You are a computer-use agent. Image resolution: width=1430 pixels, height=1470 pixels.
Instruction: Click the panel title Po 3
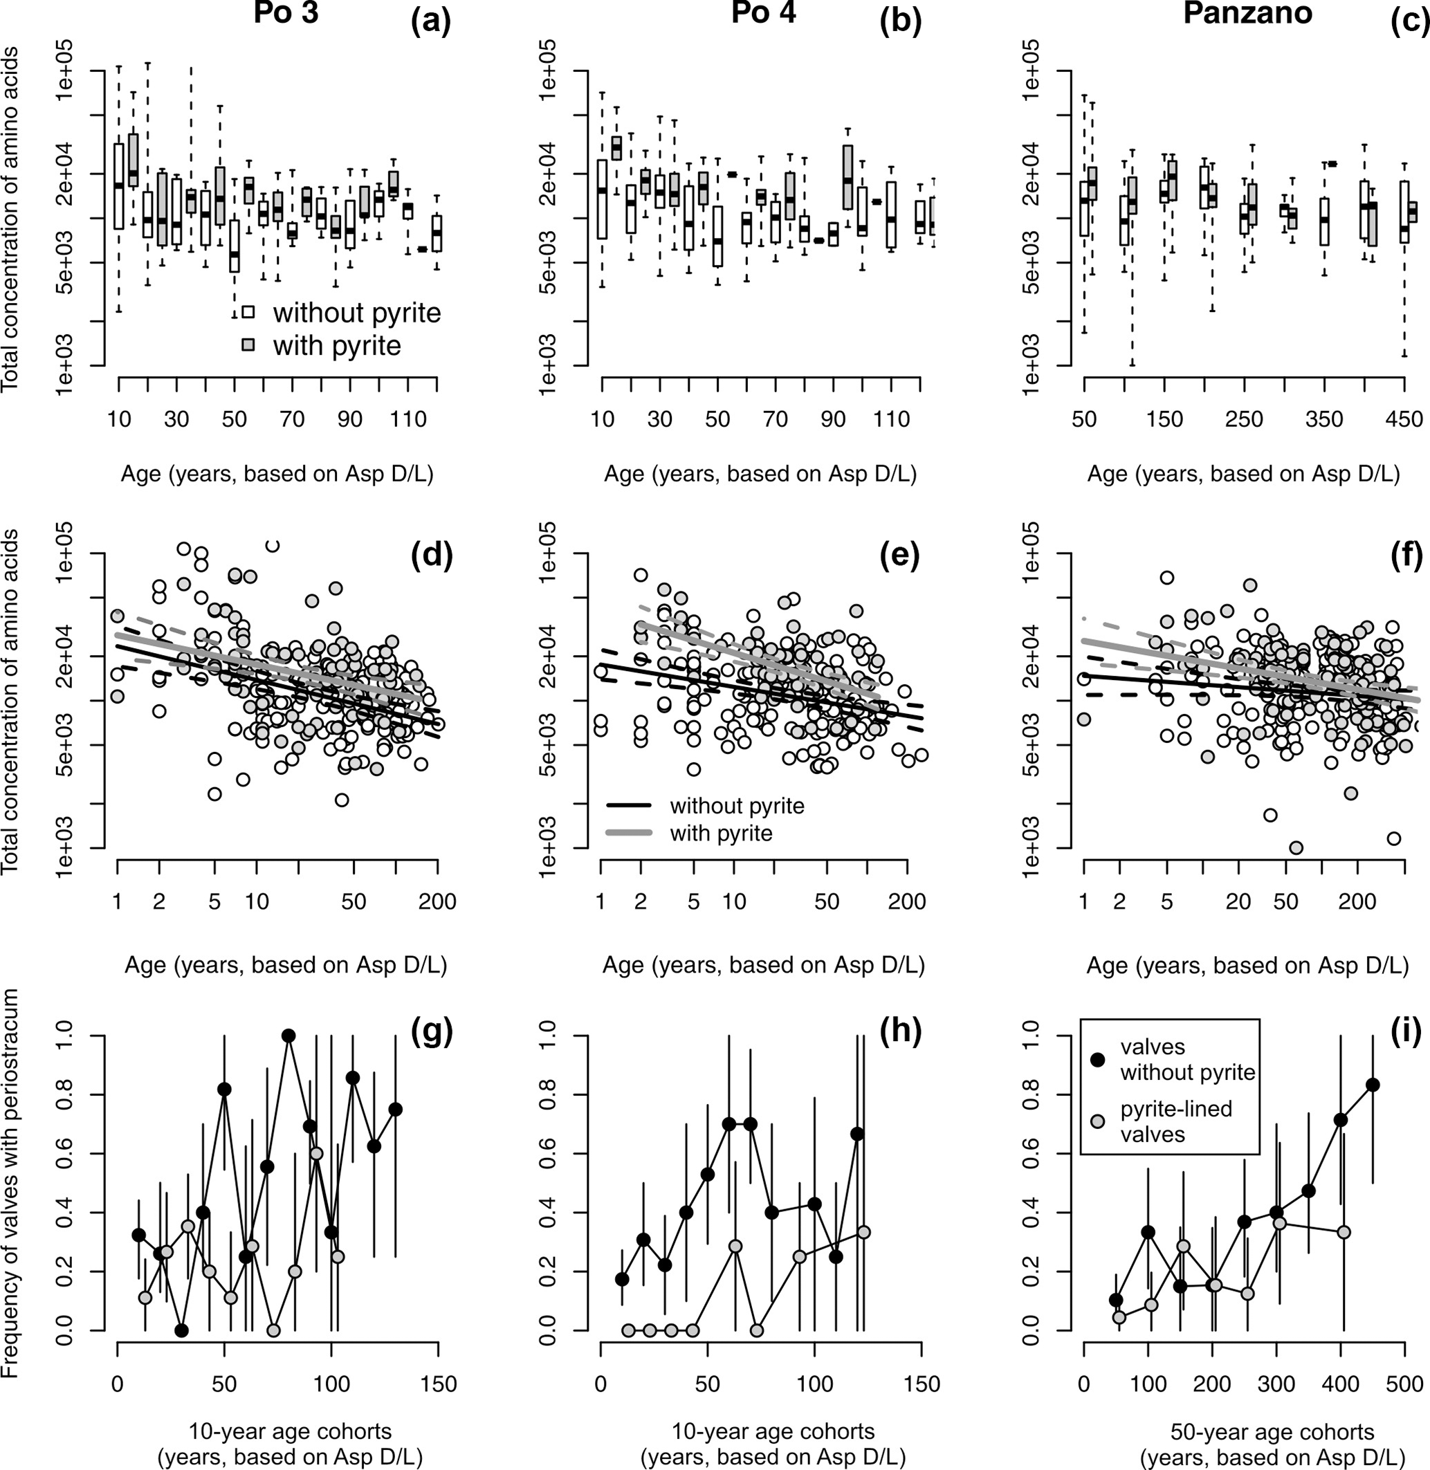coord(286,14)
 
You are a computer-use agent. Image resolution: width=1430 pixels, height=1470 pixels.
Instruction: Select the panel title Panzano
coord(1247,14)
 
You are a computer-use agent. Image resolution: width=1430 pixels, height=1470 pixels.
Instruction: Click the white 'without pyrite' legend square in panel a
coord(248,313)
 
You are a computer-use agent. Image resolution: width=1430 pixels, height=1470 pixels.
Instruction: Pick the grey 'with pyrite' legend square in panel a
coord(248,344)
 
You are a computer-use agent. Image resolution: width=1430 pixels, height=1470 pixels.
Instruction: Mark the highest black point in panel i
coord(1372,1085)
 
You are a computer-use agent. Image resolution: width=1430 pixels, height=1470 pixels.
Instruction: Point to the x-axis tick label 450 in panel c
coord(1404,419)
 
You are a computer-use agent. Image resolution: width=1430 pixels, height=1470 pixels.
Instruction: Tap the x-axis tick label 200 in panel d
coord(437,901)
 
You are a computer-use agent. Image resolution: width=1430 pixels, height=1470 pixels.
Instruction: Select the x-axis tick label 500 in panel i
coord(1404,1384)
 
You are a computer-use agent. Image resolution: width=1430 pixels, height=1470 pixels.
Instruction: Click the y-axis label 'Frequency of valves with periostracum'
coord(10,1183)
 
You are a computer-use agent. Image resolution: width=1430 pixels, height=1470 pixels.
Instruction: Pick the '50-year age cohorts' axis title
coord(1272,1431)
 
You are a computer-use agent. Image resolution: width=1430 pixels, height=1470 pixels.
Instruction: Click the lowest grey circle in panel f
coord(1296,848)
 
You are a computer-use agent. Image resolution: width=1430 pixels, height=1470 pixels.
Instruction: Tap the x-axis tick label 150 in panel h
coord(922,1384)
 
